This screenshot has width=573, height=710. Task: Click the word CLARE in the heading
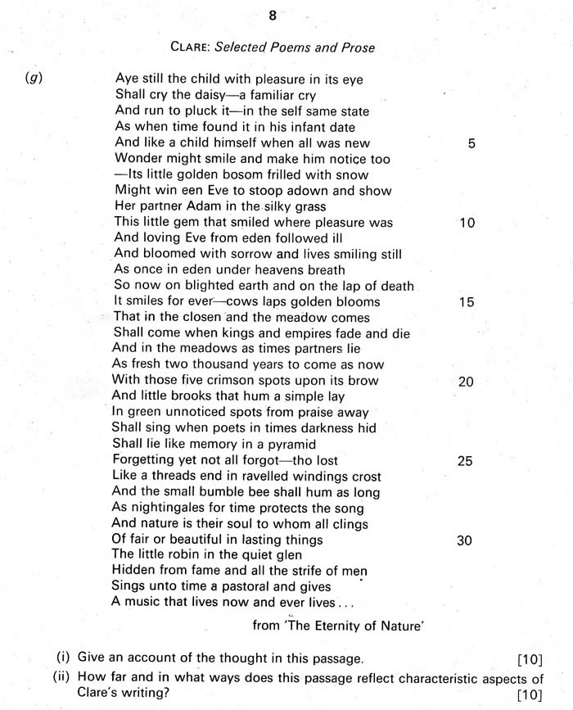pos(192,47)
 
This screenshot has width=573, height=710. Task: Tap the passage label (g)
pos(34,80)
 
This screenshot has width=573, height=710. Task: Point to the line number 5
pos(471,143)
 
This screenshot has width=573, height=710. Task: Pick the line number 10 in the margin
pos(467,223)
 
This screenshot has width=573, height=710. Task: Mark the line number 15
pos(467,302)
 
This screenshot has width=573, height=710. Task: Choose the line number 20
pos(467,382)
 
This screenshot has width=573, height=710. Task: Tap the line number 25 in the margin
pos(465,461)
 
